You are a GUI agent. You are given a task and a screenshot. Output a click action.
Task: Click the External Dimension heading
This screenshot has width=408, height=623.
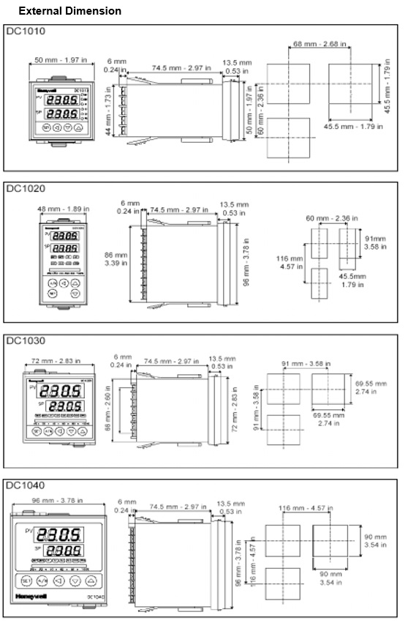69,11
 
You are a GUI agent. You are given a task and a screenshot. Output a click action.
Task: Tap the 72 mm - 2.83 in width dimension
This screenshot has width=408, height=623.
61,362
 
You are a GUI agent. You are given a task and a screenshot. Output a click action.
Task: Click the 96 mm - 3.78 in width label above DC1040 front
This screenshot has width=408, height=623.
61,500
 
